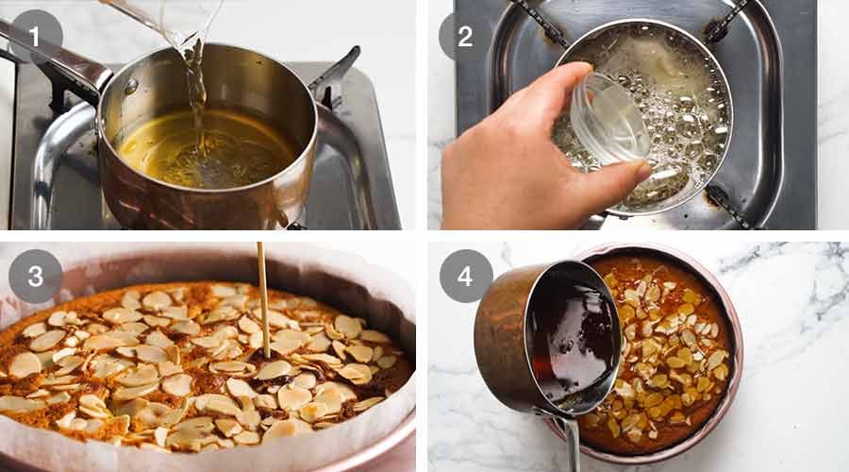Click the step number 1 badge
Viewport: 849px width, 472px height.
pyautogui.click(x=36, y=37)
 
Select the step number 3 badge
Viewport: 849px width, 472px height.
pyautogui.click(x=36, y=276)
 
